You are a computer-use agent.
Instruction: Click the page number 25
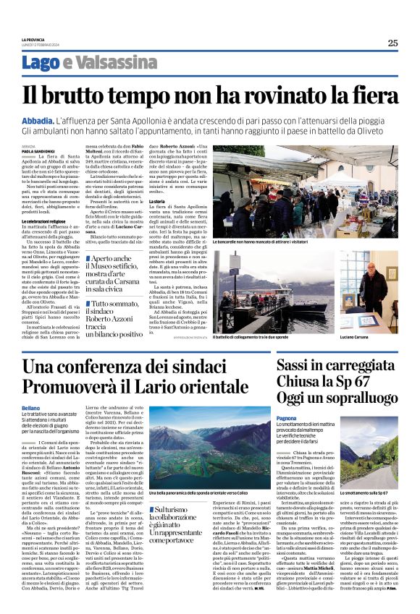[x=392, y=43]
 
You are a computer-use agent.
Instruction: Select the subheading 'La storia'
[x=157, y=200]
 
